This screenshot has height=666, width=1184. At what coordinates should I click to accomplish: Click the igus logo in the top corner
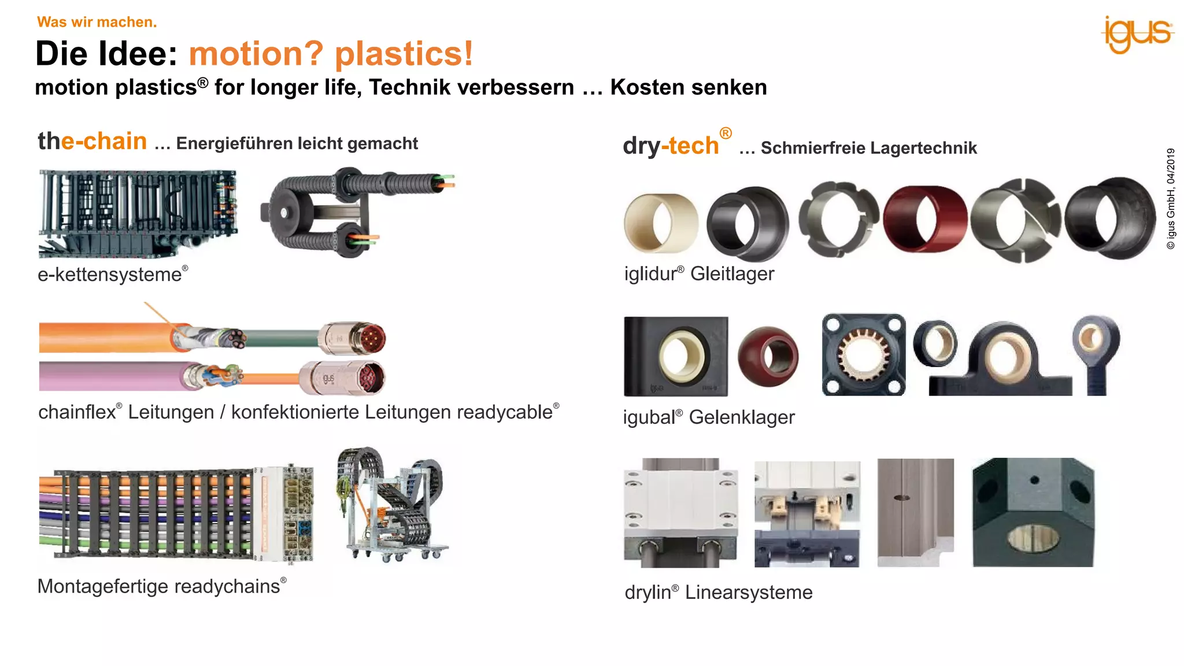click(1137, 35)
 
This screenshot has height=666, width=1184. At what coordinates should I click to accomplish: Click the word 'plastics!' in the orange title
click(404, 54)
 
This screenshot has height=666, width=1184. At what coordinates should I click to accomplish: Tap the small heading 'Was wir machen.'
click(97, 22)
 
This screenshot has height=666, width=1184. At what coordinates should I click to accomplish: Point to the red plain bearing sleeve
click(925, 219)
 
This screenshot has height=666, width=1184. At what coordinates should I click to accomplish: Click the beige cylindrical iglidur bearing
click(660, 223)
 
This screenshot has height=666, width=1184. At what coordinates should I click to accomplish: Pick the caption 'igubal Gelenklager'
click(708, 417)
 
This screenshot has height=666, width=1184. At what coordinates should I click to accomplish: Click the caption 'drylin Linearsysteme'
click(718, 592)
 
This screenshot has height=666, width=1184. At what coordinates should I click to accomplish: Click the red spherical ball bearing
click(768, 356)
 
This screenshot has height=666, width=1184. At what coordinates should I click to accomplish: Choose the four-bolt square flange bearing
click(863, 355)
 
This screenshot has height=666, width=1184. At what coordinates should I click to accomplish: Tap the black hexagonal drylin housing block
click(1033, 512)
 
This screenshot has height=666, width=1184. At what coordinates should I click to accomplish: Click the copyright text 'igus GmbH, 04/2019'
click(1171, 198)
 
